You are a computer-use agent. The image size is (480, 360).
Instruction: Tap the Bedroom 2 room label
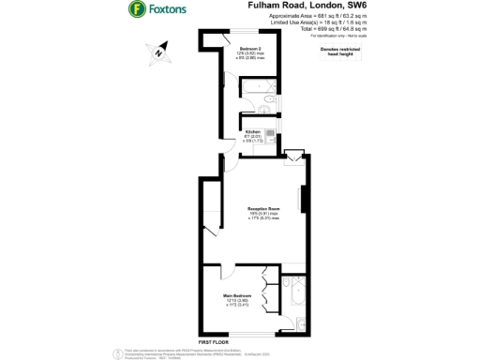248,48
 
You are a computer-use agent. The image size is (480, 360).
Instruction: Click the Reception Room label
263,208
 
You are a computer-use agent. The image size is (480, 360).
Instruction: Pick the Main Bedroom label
236,297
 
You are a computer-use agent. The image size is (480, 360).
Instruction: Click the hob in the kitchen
270,132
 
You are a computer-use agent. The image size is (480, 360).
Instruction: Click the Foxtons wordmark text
168,11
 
